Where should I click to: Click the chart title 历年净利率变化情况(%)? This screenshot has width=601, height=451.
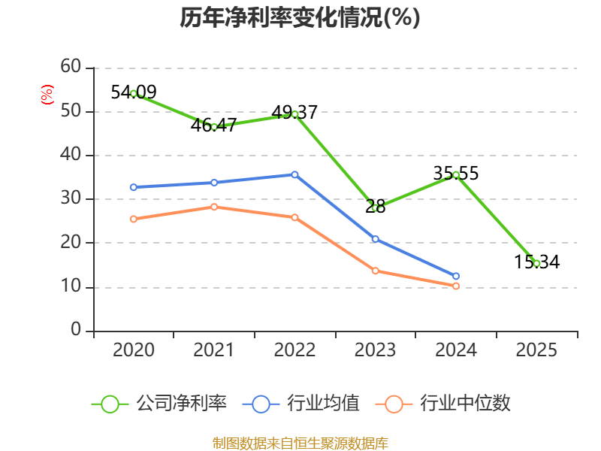click(300, 17)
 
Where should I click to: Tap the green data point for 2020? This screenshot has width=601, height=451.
click(134, 93)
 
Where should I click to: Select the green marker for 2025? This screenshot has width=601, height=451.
click(536, 264)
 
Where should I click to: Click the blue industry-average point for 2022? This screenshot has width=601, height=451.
click(294, 175)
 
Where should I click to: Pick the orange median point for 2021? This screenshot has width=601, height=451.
click(214, 207)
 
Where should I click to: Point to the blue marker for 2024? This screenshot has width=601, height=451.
click(456, 276)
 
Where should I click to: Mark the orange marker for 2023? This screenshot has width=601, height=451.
click(375, 271)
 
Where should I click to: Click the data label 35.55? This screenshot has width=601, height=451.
click(456, 174)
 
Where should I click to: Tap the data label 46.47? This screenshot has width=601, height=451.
click(213, 126)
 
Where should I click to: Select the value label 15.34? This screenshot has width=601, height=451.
click(536, 262)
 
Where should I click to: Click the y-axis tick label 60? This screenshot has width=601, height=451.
click(71, 66)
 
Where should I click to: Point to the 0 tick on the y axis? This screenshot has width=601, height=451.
click(76, 329)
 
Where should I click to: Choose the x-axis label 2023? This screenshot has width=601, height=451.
click(375, 350)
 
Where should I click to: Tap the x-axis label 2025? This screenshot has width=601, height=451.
click(536, 350)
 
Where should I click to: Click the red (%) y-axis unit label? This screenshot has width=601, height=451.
click(47, 95)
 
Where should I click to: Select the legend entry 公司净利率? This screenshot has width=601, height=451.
click(159, 404)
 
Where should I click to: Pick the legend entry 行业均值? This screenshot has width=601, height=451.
click(301, 404)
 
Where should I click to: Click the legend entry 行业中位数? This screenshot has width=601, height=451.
click(442, 404)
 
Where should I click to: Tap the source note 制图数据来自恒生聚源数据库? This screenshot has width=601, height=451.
click(300, 443)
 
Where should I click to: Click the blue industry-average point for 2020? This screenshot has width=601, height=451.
click(134, 187)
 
